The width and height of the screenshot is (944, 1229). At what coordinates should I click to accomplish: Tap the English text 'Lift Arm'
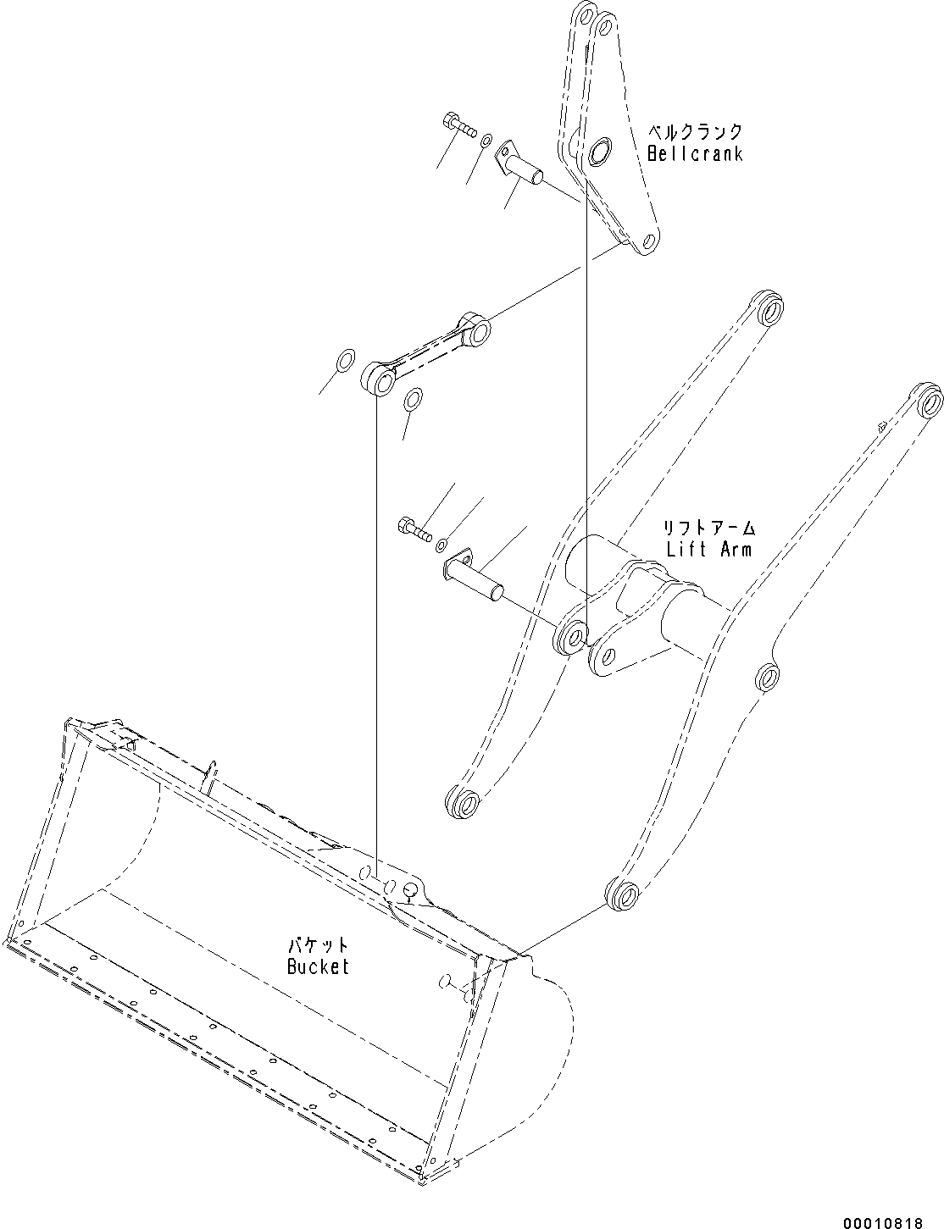pyautogui.click(x=708, y=549)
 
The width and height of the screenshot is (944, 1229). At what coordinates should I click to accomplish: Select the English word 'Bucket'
pyautogui.click(x=318, y=966)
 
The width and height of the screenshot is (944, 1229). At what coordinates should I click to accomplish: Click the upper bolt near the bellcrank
pyautogui.click(x=459, y=126)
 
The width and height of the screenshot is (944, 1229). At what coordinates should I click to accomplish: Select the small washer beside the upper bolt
pyautogui.click(x=486, y=141)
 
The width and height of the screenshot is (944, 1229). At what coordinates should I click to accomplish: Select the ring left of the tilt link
pyautogui.click(x=344, y=360)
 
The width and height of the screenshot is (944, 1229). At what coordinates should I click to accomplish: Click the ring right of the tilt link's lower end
pyautogui.click(x=413, y=399)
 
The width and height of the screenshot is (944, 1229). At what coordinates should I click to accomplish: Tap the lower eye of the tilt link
pyautogui.click(x=379, y=379)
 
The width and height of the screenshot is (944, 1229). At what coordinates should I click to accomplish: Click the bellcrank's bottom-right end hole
pyautogui.click(x=647, y=241)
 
